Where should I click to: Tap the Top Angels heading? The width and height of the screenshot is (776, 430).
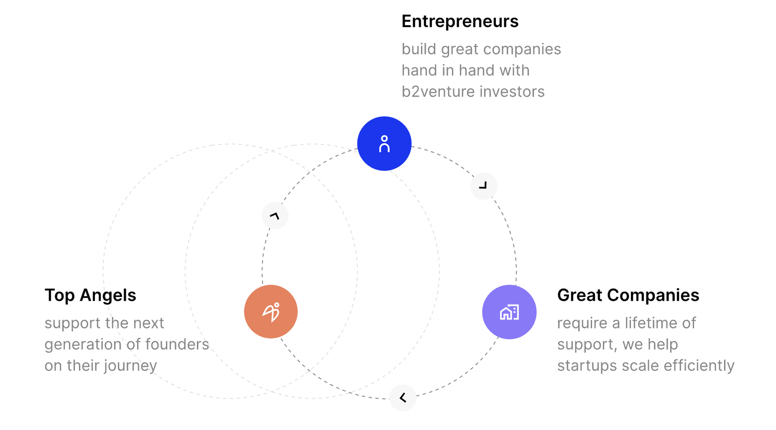90,295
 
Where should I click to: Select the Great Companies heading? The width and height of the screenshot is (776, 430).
628,295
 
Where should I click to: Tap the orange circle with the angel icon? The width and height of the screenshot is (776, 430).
271,312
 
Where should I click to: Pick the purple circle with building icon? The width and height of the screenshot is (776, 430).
509,312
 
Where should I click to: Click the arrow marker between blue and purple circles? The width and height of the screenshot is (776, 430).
484,186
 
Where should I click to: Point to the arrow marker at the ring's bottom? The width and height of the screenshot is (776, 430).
403,398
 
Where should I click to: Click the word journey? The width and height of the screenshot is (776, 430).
130,366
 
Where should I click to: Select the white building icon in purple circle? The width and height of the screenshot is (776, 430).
509,312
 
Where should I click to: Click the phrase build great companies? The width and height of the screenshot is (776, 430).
481,49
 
